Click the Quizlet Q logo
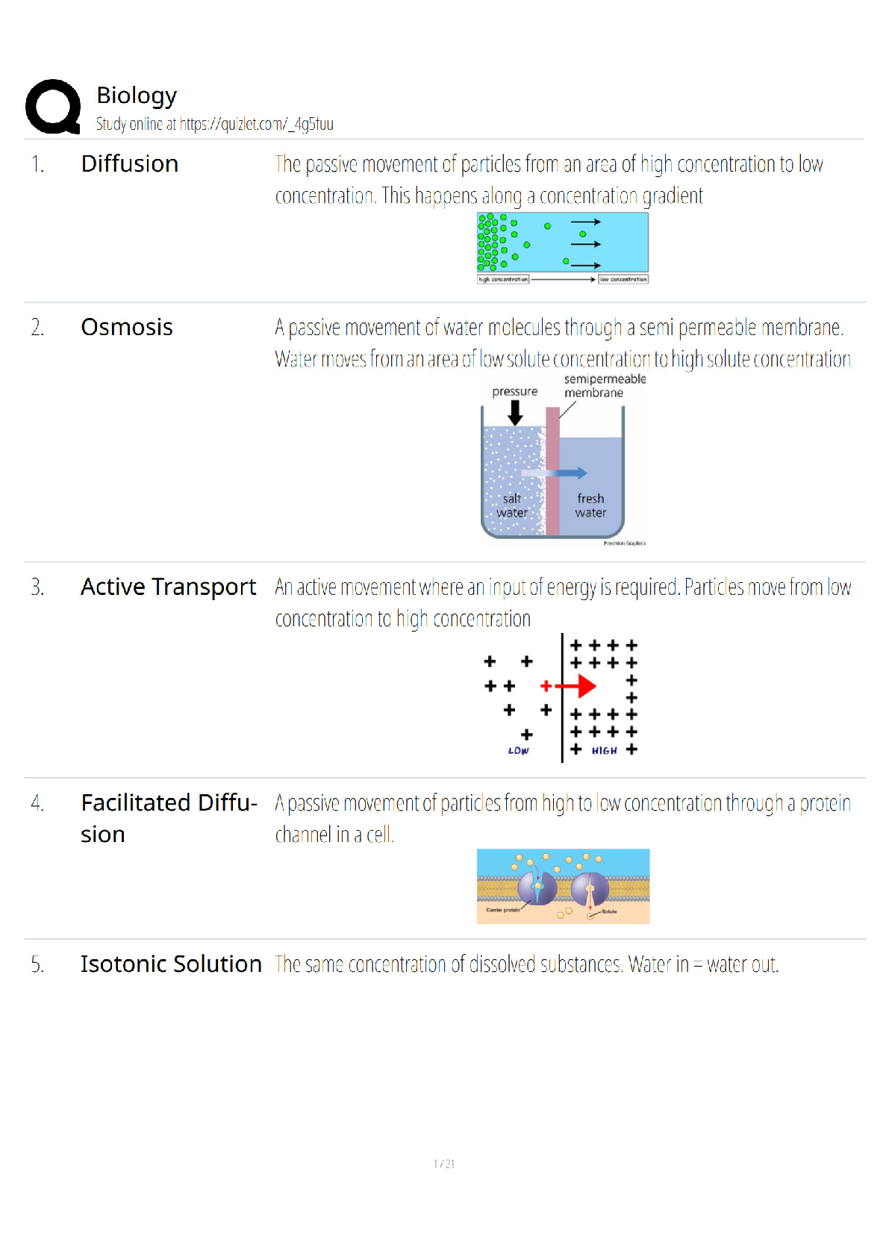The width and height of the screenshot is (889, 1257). (x=53, y=107)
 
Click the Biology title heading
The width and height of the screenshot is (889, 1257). (x=137, y=96)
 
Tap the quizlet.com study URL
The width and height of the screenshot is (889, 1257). (x=256, y=124)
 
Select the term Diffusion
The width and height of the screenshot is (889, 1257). (x=129, y=163)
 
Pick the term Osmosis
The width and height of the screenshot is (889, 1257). (x=126, y=327)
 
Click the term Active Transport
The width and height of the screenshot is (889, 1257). (x=168, y=587)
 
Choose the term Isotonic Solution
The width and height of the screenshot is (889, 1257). (x=171, y=964)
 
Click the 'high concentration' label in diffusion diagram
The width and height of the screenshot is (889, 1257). (x=503, y=279)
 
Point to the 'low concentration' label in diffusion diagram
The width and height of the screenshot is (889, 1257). (x=623, y=279)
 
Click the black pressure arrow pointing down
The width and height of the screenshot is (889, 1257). (x=515, y=413)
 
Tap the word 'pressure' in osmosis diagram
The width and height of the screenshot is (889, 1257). (x=514, y=391)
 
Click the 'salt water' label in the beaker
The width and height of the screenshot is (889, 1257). (x=512, y=505)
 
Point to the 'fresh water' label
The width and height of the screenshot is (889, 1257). (x=590, y=505)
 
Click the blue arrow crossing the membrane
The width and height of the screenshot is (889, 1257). (x=570, y=472)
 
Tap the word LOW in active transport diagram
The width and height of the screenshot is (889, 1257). (x=518, y=751)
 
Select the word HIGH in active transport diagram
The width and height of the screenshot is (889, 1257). (x=604, y=751)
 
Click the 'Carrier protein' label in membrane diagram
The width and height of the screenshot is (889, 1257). (x=503, y=910)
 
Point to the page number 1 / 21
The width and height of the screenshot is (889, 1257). (x=444, y=1164)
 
